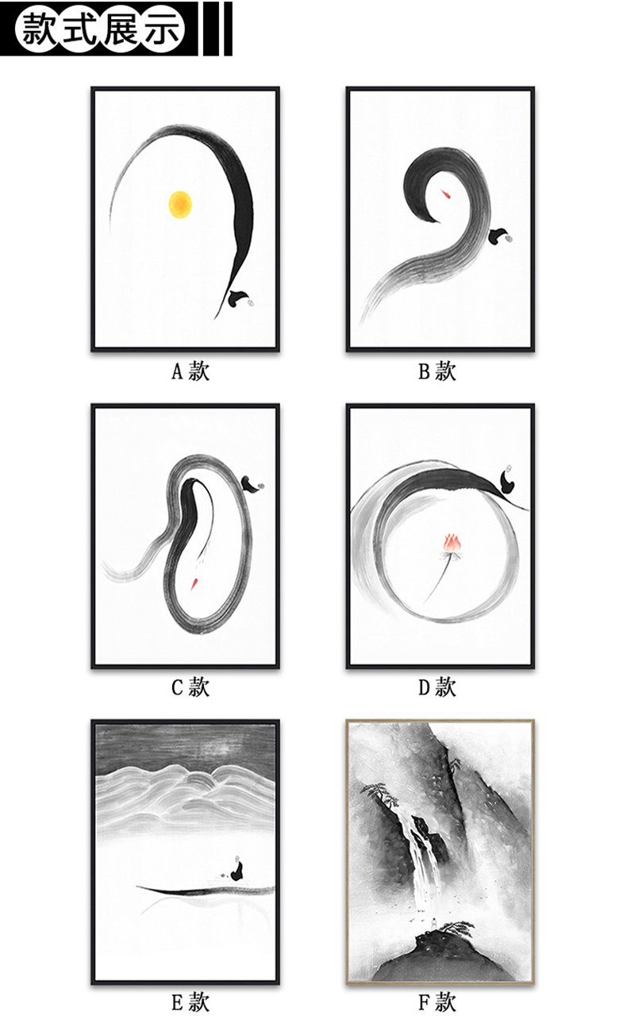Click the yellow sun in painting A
click(180, 204)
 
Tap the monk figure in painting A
click(240, 298)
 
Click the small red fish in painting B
click(446, 194)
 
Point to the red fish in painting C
click(194, 583)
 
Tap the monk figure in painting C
click(252, 484)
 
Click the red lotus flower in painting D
click(452, 543)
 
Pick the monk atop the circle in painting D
click(506, 479)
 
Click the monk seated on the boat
click(237, 868)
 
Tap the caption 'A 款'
click(190, 371)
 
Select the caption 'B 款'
click(437, 371)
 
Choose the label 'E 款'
click(190, 1003)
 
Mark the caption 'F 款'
click(437, 1003)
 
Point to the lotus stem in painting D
click(437, 578)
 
